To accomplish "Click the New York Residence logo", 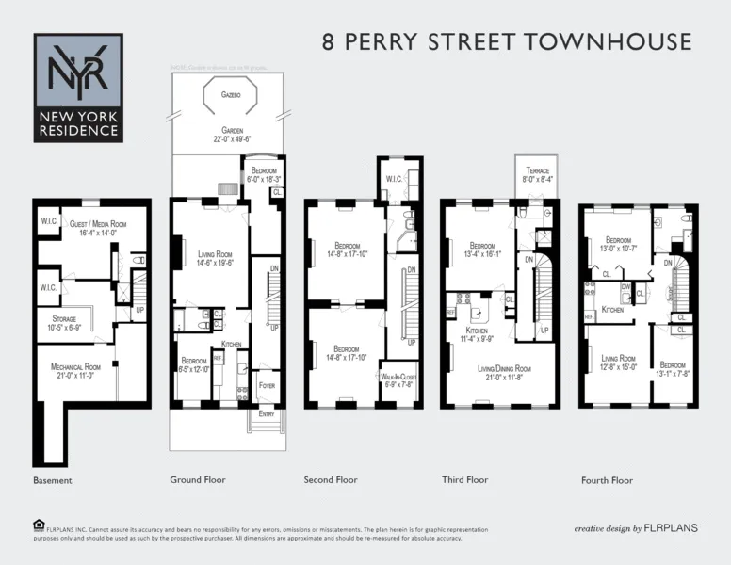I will point(78,87).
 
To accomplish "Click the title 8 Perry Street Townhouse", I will point(507,42).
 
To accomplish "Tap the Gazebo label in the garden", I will point(231,95).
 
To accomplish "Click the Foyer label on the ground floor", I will point(268,384).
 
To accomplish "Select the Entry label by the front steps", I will point(267,412).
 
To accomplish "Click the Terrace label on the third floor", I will point(537,175).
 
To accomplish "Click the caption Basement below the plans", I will point(53,480).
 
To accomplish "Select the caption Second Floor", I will point(331,480).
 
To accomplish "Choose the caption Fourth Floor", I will point(608,480).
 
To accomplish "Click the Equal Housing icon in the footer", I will point(39,525).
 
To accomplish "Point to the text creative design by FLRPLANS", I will point(636,528).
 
